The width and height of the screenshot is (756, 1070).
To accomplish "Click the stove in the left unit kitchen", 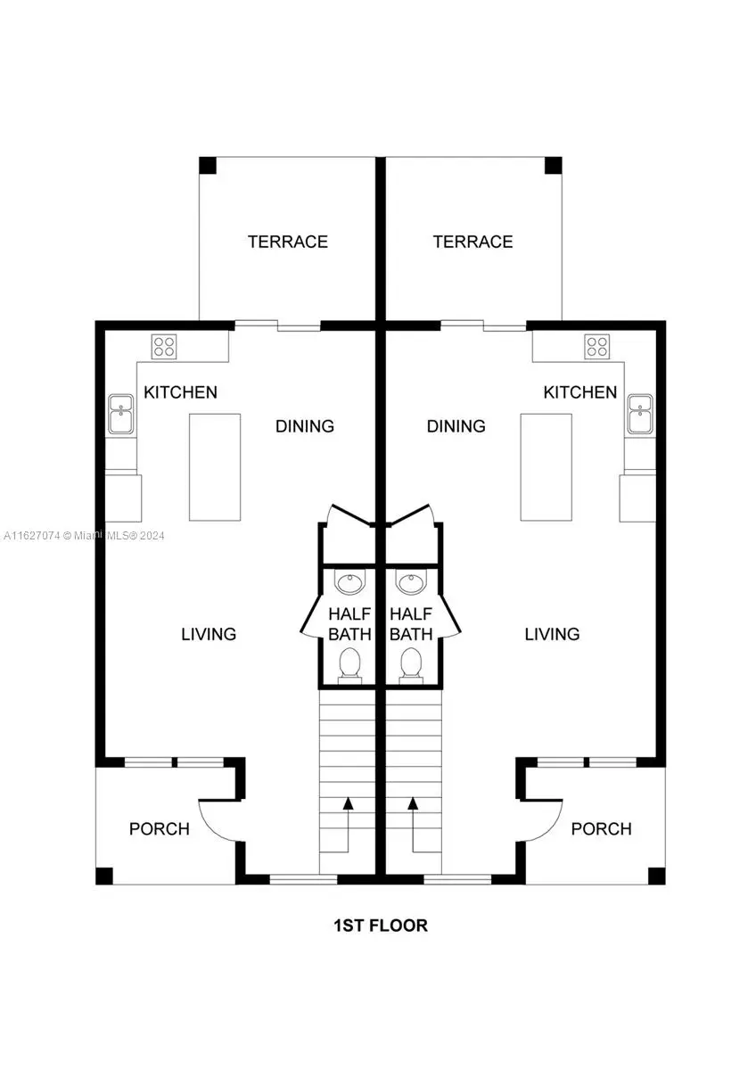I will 163,346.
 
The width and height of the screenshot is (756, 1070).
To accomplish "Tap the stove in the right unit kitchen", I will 596,346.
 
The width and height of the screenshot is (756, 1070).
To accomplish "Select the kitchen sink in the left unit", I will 120,415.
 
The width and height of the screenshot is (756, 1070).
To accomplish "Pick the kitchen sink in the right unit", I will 639,415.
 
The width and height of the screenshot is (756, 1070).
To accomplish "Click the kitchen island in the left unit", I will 215,467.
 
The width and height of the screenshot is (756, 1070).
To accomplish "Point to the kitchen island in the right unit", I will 546,467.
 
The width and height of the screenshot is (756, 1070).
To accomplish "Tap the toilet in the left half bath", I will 349,664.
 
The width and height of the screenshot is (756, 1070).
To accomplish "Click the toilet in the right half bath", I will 411,664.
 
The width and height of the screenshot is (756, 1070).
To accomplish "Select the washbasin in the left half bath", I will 349,584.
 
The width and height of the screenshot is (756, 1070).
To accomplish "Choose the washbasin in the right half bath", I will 411,584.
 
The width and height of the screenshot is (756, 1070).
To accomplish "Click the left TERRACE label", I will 288,242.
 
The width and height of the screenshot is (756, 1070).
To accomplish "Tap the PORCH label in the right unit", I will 601,829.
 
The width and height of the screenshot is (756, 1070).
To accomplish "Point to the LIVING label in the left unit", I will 209,634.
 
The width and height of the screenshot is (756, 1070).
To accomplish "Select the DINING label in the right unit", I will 456,426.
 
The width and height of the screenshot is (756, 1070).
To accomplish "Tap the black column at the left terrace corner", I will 207,166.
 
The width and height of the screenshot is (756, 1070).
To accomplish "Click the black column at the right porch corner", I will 656,876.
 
